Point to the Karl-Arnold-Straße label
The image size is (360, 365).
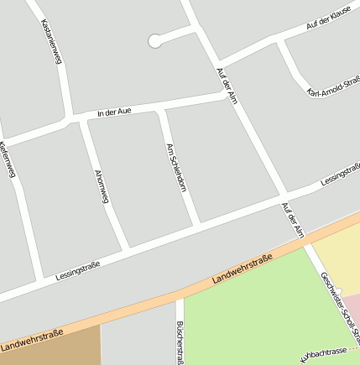334,87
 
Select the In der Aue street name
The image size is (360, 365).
114,111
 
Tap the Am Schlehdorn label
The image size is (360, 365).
176,167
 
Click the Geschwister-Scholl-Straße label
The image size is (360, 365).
340,309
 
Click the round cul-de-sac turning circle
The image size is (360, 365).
154,40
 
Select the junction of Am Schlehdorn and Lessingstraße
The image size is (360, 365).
197,225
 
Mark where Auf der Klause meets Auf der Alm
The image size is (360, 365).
217,64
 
